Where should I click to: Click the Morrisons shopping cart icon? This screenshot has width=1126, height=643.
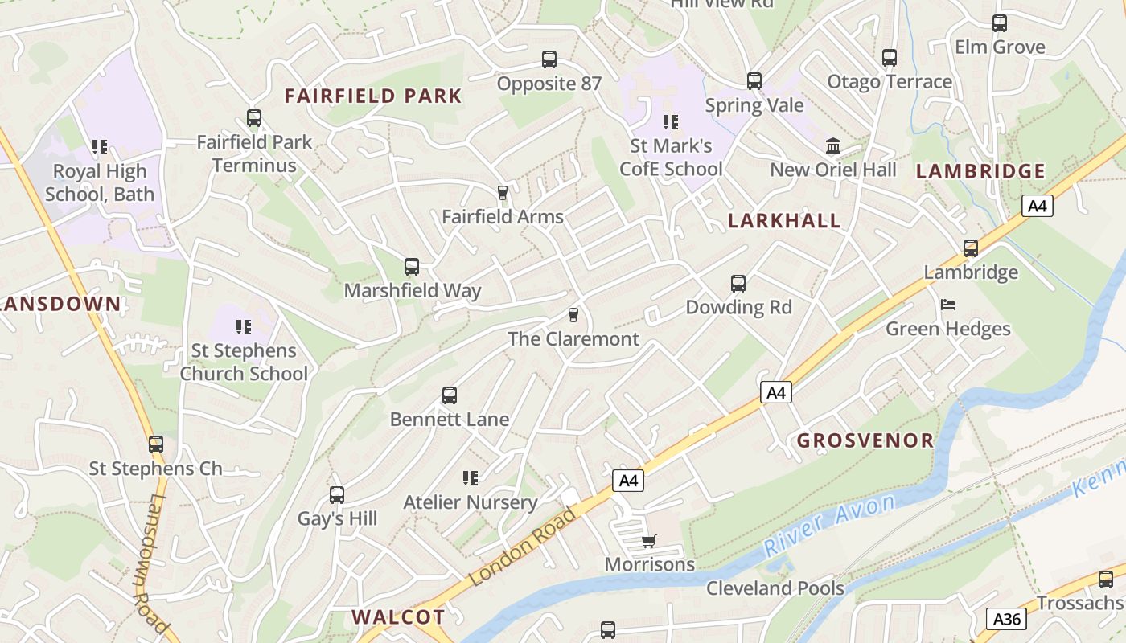coord(648,541)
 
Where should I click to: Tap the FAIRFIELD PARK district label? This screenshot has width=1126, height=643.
coord(373,96)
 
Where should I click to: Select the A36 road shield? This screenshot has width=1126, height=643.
coord(1006,619)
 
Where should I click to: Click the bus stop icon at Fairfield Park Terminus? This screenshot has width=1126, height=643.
coord(254,118)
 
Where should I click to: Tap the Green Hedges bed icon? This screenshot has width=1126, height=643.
coord(948,305)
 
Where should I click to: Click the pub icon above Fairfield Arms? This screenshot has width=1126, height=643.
coord(503,192)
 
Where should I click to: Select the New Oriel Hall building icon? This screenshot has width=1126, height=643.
coord(833,146)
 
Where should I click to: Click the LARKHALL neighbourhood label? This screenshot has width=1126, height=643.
coord(784,221)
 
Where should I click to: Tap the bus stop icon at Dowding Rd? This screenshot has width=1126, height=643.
coord(738,283)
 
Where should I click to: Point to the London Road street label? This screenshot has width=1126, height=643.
coord(524,547)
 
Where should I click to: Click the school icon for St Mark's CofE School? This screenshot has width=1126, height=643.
coord(670,122)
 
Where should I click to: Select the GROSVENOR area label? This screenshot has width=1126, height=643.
coord(865,440)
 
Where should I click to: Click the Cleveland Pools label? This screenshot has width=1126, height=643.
coord(775,588)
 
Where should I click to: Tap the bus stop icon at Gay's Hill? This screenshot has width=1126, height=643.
coord(337,494)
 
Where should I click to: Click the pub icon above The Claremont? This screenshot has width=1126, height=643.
coord(573,314)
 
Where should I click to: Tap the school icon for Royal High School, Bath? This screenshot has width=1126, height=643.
coord(100,147)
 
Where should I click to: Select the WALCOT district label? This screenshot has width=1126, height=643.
coord(398,617)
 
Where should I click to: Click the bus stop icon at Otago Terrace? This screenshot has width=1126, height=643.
coord(889,58)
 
